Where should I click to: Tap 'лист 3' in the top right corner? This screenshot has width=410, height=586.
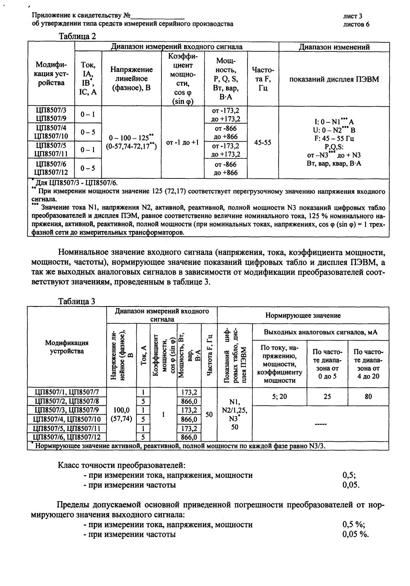(x=353, y=16)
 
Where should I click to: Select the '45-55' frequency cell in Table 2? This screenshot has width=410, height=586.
(x=263, y=143)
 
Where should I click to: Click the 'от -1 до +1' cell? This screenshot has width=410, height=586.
(x=182, y=143)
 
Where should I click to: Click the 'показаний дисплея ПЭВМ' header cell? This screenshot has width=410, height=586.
(x=334, y=79)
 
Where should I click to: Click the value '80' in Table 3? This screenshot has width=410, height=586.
(x=368, y=396)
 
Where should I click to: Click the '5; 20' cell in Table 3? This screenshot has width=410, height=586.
(x=279, y=396)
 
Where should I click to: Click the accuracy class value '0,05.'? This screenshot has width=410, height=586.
(x=351, y=485)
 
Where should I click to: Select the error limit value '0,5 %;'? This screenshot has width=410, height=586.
(x=353, y=524)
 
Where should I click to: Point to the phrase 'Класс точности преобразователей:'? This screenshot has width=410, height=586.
(x=122, y=465)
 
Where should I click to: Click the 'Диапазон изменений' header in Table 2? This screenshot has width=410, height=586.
(x=334, y=47)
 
